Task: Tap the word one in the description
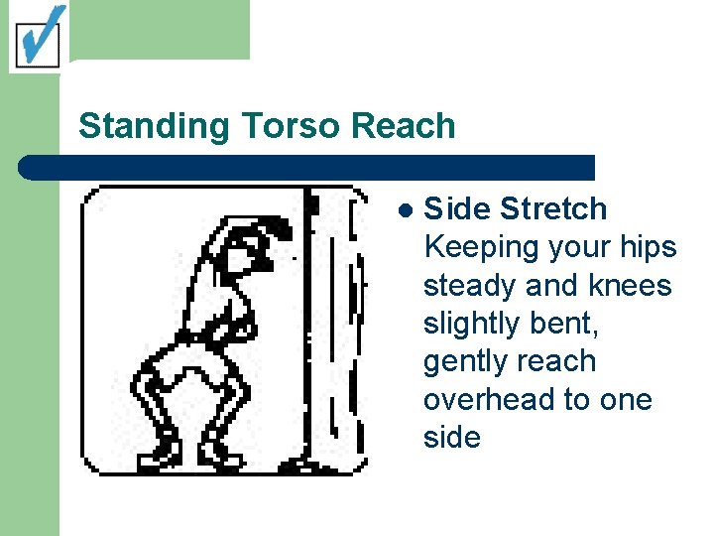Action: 626,400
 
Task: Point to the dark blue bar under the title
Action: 307,167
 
